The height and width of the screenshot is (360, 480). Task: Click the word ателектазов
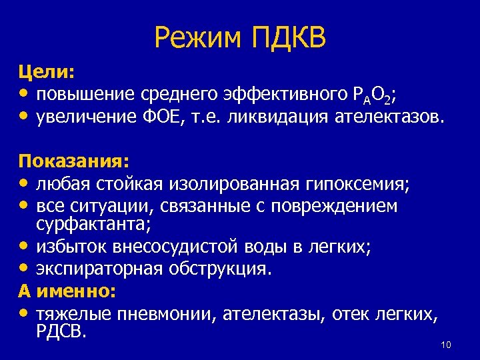click(x=387, y=117)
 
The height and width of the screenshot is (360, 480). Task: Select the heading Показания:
click(x=74, y=161)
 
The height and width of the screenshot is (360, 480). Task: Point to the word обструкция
click(x=226, y=269)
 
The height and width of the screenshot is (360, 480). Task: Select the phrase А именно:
click(x=67, y=291)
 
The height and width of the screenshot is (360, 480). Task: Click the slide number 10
click(x=446, y=345)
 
